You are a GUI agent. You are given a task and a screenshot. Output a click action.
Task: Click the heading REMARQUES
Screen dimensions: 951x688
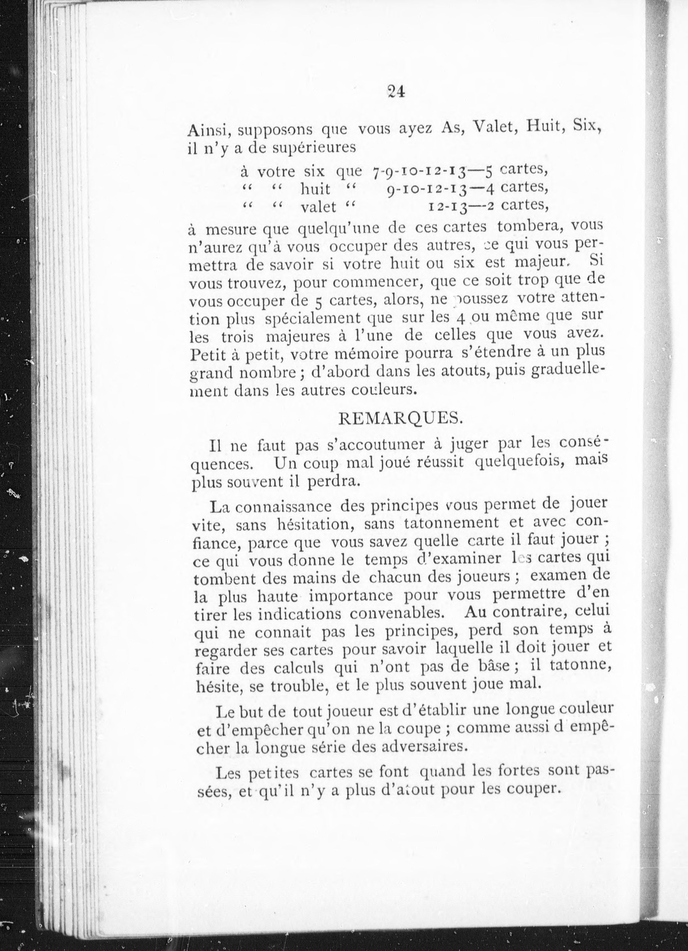pyautogui.click(x=400, y=419)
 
